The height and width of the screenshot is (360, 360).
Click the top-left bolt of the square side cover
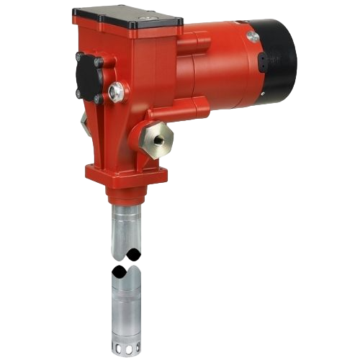[78, 56]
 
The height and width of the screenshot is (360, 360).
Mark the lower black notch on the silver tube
[120, 271]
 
